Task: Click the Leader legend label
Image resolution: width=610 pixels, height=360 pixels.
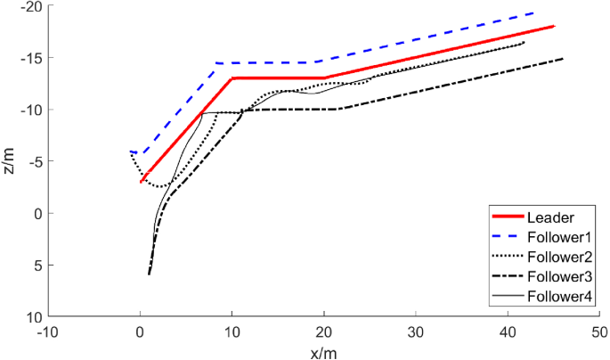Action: click(x=549, y=217)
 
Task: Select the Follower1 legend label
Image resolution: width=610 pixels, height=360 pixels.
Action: click(x=559, y=237)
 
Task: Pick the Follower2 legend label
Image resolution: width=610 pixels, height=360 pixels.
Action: click(x=559, y=257)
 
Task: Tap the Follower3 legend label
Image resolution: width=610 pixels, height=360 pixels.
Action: click(x=559, y=276)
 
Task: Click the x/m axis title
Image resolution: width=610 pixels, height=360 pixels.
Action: click(x=323, y=352)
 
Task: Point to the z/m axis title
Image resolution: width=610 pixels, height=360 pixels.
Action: click(x=10, y=161)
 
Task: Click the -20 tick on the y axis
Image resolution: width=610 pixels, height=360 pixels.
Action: click(x=31, y=7)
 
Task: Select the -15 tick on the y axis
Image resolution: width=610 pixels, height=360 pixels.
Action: click(x=31, y=59)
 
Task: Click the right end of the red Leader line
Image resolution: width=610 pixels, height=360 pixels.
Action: click(x=553, y=27)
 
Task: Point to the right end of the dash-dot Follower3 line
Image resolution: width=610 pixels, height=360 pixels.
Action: click(x=563, y=59)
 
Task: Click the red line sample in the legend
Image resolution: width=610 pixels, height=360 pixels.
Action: click(x=507, y=217)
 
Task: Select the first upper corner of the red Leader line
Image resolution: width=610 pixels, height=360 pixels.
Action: click(x=232, y=78)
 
